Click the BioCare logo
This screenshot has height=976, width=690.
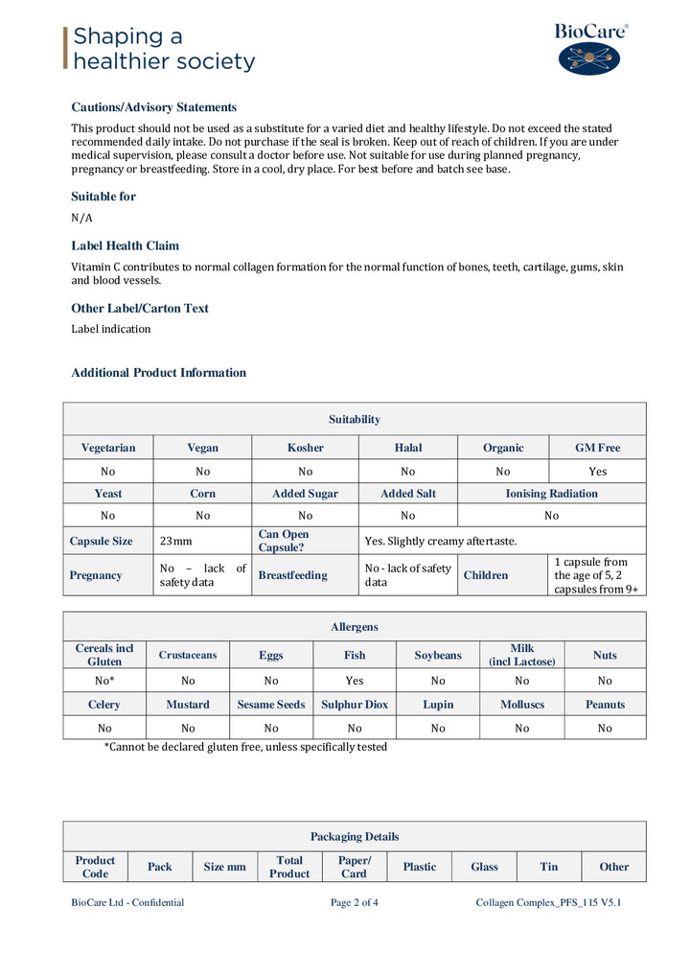click(x=590, y=49)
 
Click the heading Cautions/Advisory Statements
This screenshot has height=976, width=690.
click(x=153, y=107)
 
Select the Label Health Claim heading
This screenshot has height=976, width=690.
click(x=125, y=245)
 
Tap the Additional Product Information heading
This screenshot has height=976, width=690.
click(x=158, y=373)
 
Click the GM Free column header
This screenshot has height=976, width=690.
click(x=597, y=448)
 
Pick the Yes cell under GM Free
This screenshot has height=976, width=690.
click(x=597, y=472)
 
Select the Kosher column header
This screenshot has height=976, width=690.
click(x=305, y=448)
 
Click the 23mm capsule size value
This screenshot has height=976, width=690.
click(x=176, y=542)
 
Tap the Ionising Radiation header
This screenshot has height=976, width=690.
click(x=551, y=494)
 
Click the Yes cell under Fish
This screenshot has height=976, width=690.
click(x=354, y=681)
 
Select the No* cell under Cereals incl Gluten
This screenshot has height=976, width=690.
click(x=104, y=681)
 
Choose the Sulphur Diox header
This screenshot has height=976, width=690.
click(x=354, y=705)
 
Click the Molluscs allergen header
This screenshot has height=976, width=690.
click(x=521, y=705)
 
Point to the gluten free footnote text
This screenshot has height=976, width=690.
click(x=245, y=747)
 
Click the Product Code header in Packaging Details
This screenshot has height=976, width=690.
click(x=95, y=867)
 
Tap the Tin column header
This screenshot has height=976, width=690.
click(x=548, y=867)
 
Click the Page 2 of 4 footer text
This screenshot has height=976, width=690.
click(x=354, y=902)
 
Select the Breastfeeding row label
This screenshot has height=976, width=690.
click(x=292, y=575)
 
